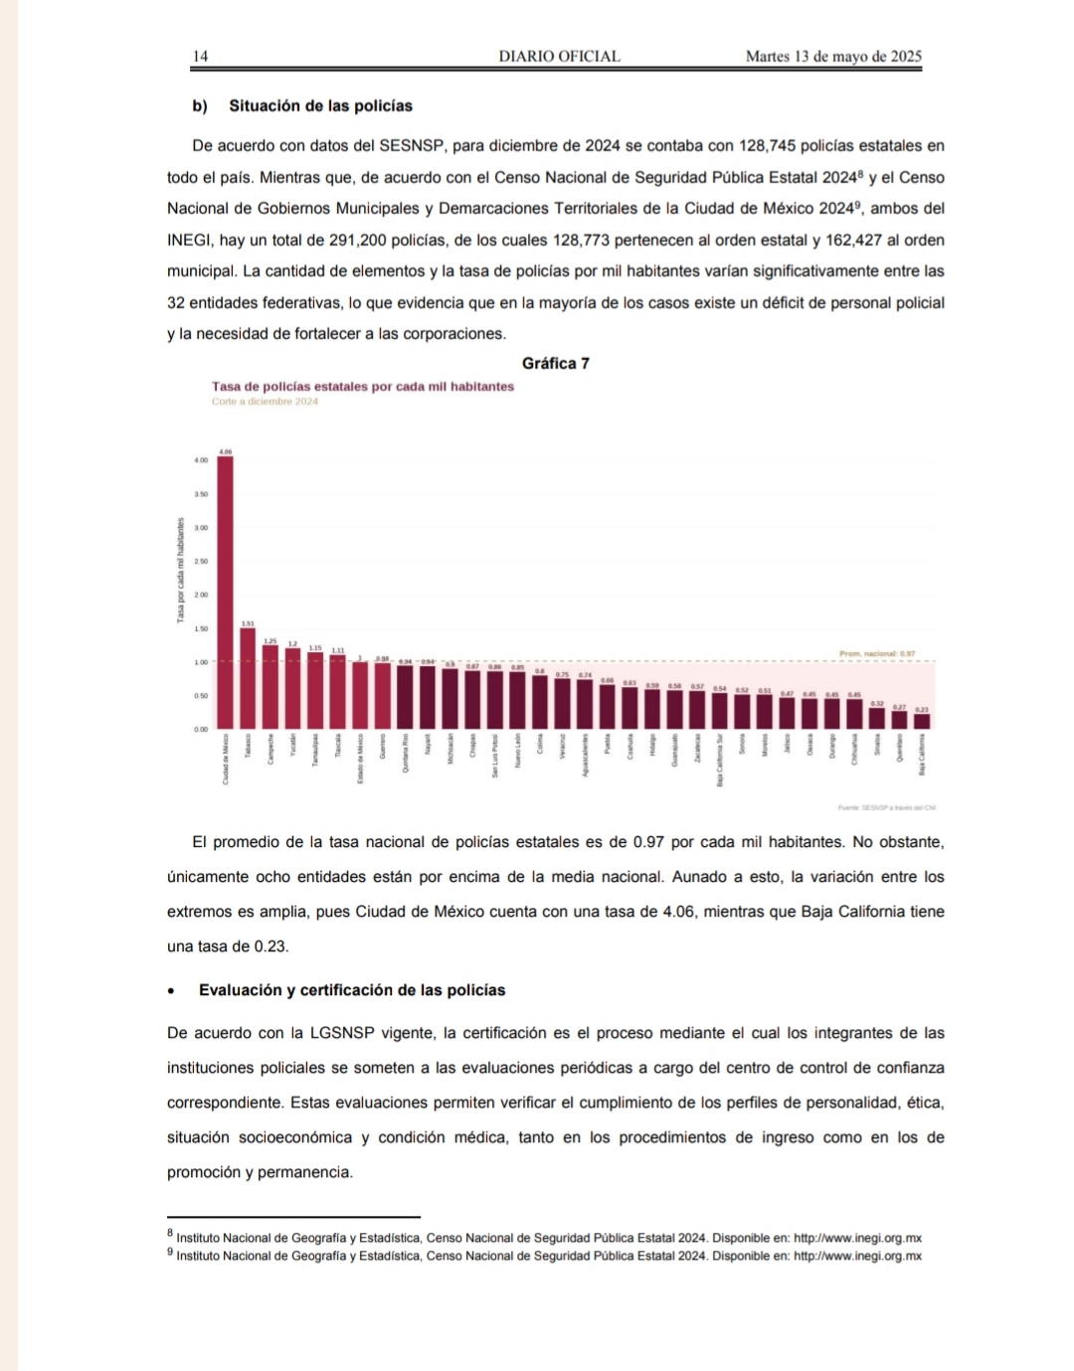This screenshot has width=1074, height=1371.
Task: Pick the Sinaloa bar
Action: click(877, 718)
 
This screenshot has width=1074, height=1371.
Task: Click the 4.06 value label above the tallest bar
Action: click(226, 452)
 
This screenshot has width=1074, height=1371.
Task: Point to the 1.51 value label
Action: click(248, 623)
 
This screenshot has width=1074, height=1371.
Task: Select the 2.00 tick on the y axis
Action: click(201, 595)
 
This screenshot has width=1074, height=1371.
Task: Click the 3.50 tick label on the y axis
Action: click(201, 494)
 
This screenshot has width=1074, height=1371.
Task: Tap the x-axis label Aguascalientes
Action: click(586, 756)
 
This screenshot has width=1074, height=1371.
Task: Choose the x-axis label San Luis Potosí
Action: click(495, 757)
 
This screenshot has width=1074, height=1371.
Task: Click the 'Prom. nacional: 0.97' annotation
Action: click(877, 654)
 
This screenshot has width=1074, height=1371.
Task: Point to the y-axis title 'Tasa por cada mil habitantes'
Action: click(180, 571)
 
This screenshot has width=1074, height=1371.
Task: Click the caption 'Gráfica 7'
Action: click(555, 364)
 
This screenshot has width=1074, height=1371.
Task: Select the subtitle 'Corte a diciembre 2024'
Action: click(265, 402)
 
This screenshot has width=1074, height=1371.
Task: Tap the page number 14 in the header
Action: click(200, 57)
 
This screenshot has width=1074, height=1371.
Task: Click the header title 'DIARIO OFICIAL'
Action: click(559, 57)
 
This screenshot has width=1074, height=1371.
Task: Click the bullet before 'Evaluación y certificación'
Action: click(172, 991)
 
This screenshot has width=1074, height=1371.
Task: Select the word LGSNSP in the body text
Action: click(342, 1033)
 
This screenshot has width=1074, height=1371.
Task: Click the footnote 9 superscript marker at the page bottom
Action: click(170, 1253)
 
